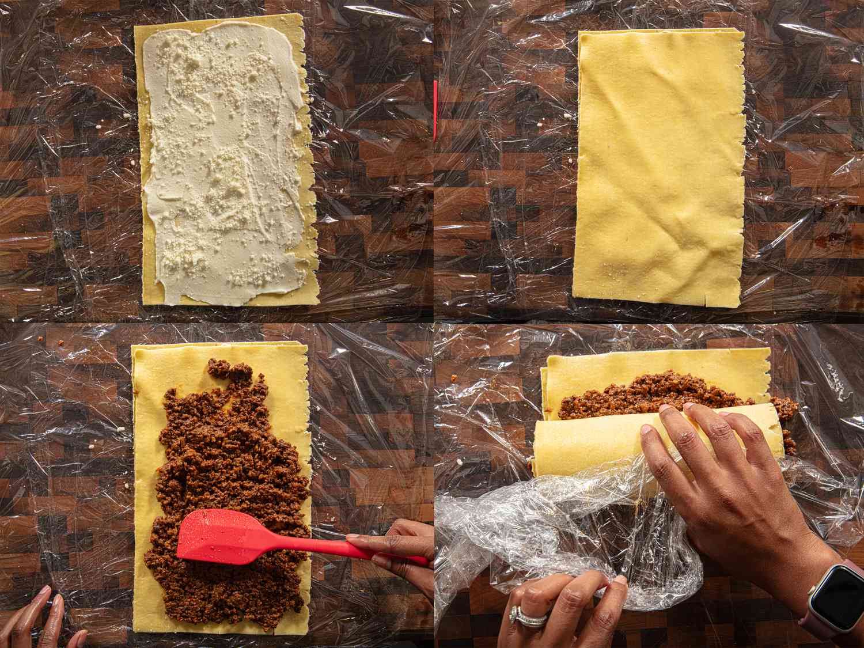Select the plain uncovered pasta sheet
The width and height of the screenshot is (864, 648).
657,161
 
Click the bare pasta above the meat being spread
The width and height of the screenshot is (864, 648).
173,369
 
